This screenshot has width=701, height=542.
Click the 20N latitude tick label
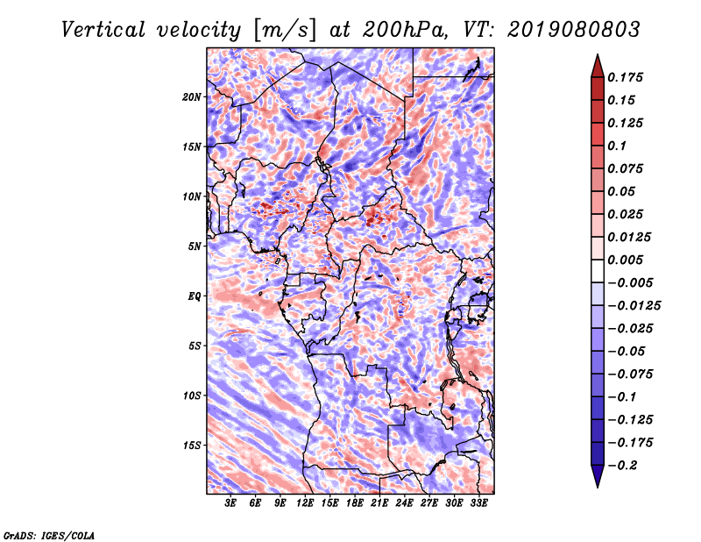pos(192,96)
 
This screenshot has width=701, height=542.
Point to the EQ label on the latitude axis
pos(195,296)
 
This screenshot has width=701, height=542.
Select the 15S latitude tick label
pos(192,446)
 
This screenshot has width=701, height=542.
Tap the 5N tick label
pos(195,246)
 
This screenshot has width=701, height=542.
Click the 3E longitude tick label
pos(231,503)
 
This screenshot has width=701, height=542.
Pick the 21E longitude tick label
pos(379,503)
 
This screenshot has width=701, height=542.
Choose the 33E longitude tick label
pos(478,503)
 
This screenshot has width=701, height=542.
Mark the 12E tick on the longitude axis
pos(305,503)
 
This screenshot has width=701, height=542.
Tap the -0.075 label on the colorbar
pos(633,374)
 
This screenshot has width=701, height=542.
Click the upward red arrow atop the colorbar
pos(597,64)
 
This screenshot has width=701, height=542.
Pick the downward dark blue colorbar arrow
pos(597,476)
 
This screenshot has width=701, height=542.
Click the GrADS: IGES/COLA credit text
pos(48,535)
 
